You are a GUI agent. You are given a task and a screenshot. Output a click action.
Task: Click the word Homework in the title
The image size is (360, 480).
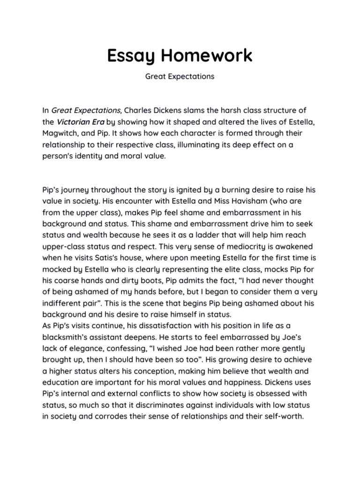[x=207, y=55]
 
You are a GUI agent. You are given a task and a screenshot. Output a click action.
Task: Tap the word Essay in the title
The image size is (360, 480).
[x=131, y=55]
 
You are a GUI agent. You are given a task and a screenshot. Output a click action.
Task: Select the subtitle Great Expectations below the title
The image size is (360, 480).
[x=180, y=76]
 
